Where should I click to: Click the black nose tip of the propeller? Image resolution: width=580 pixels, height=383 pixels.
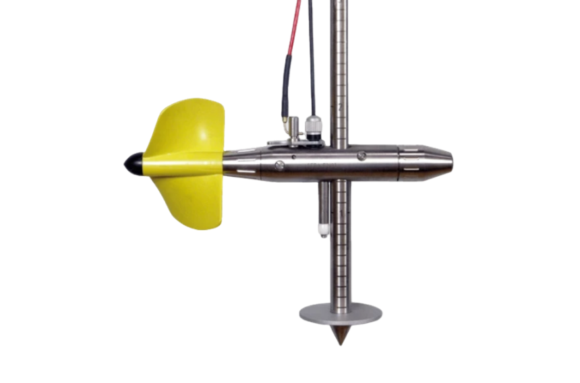pyautogui.click(x=131, y=163)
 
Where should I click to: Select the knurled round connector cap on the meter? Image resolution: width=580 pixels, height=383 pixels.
pyautogui.click(x=314, y=124)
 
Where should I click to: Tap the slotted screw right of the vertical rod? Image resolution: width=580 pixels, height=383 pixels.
pyautogui.click(x=361, y=156)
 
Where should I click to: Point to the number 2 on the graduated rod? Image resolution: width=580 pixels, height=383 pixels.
pyautogui.click(x=342, y=107)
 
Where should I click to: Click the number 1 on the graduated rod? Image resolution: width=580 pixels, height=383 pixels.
pyautogui.click(x=342, y=214)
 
